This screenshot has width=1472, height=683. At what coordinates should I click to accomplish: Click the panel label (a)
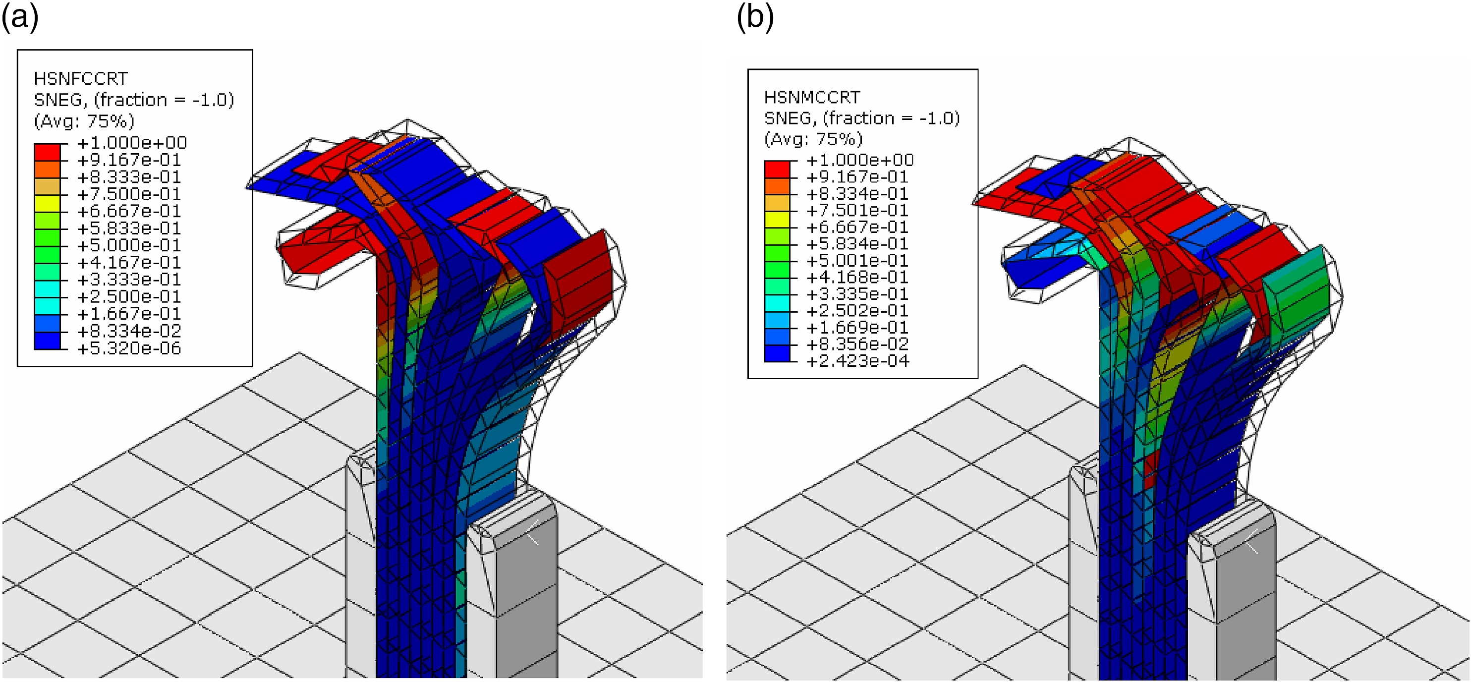pos(20,17)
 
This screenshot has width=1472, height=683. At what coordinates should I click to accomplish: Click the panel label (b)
pos(755,17)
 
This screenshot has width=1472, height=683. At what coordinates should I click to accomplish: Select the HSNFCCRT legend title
pos(81,78)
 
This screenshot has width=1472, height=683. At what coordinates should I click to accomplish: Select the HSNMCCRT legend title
pos(811,97)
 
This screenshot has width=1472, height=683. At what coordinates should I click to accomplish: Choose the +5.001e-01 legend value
pos(857,261)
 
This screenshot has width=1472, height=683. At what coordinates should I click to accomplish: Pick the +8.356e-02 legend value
pos(857,344)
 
